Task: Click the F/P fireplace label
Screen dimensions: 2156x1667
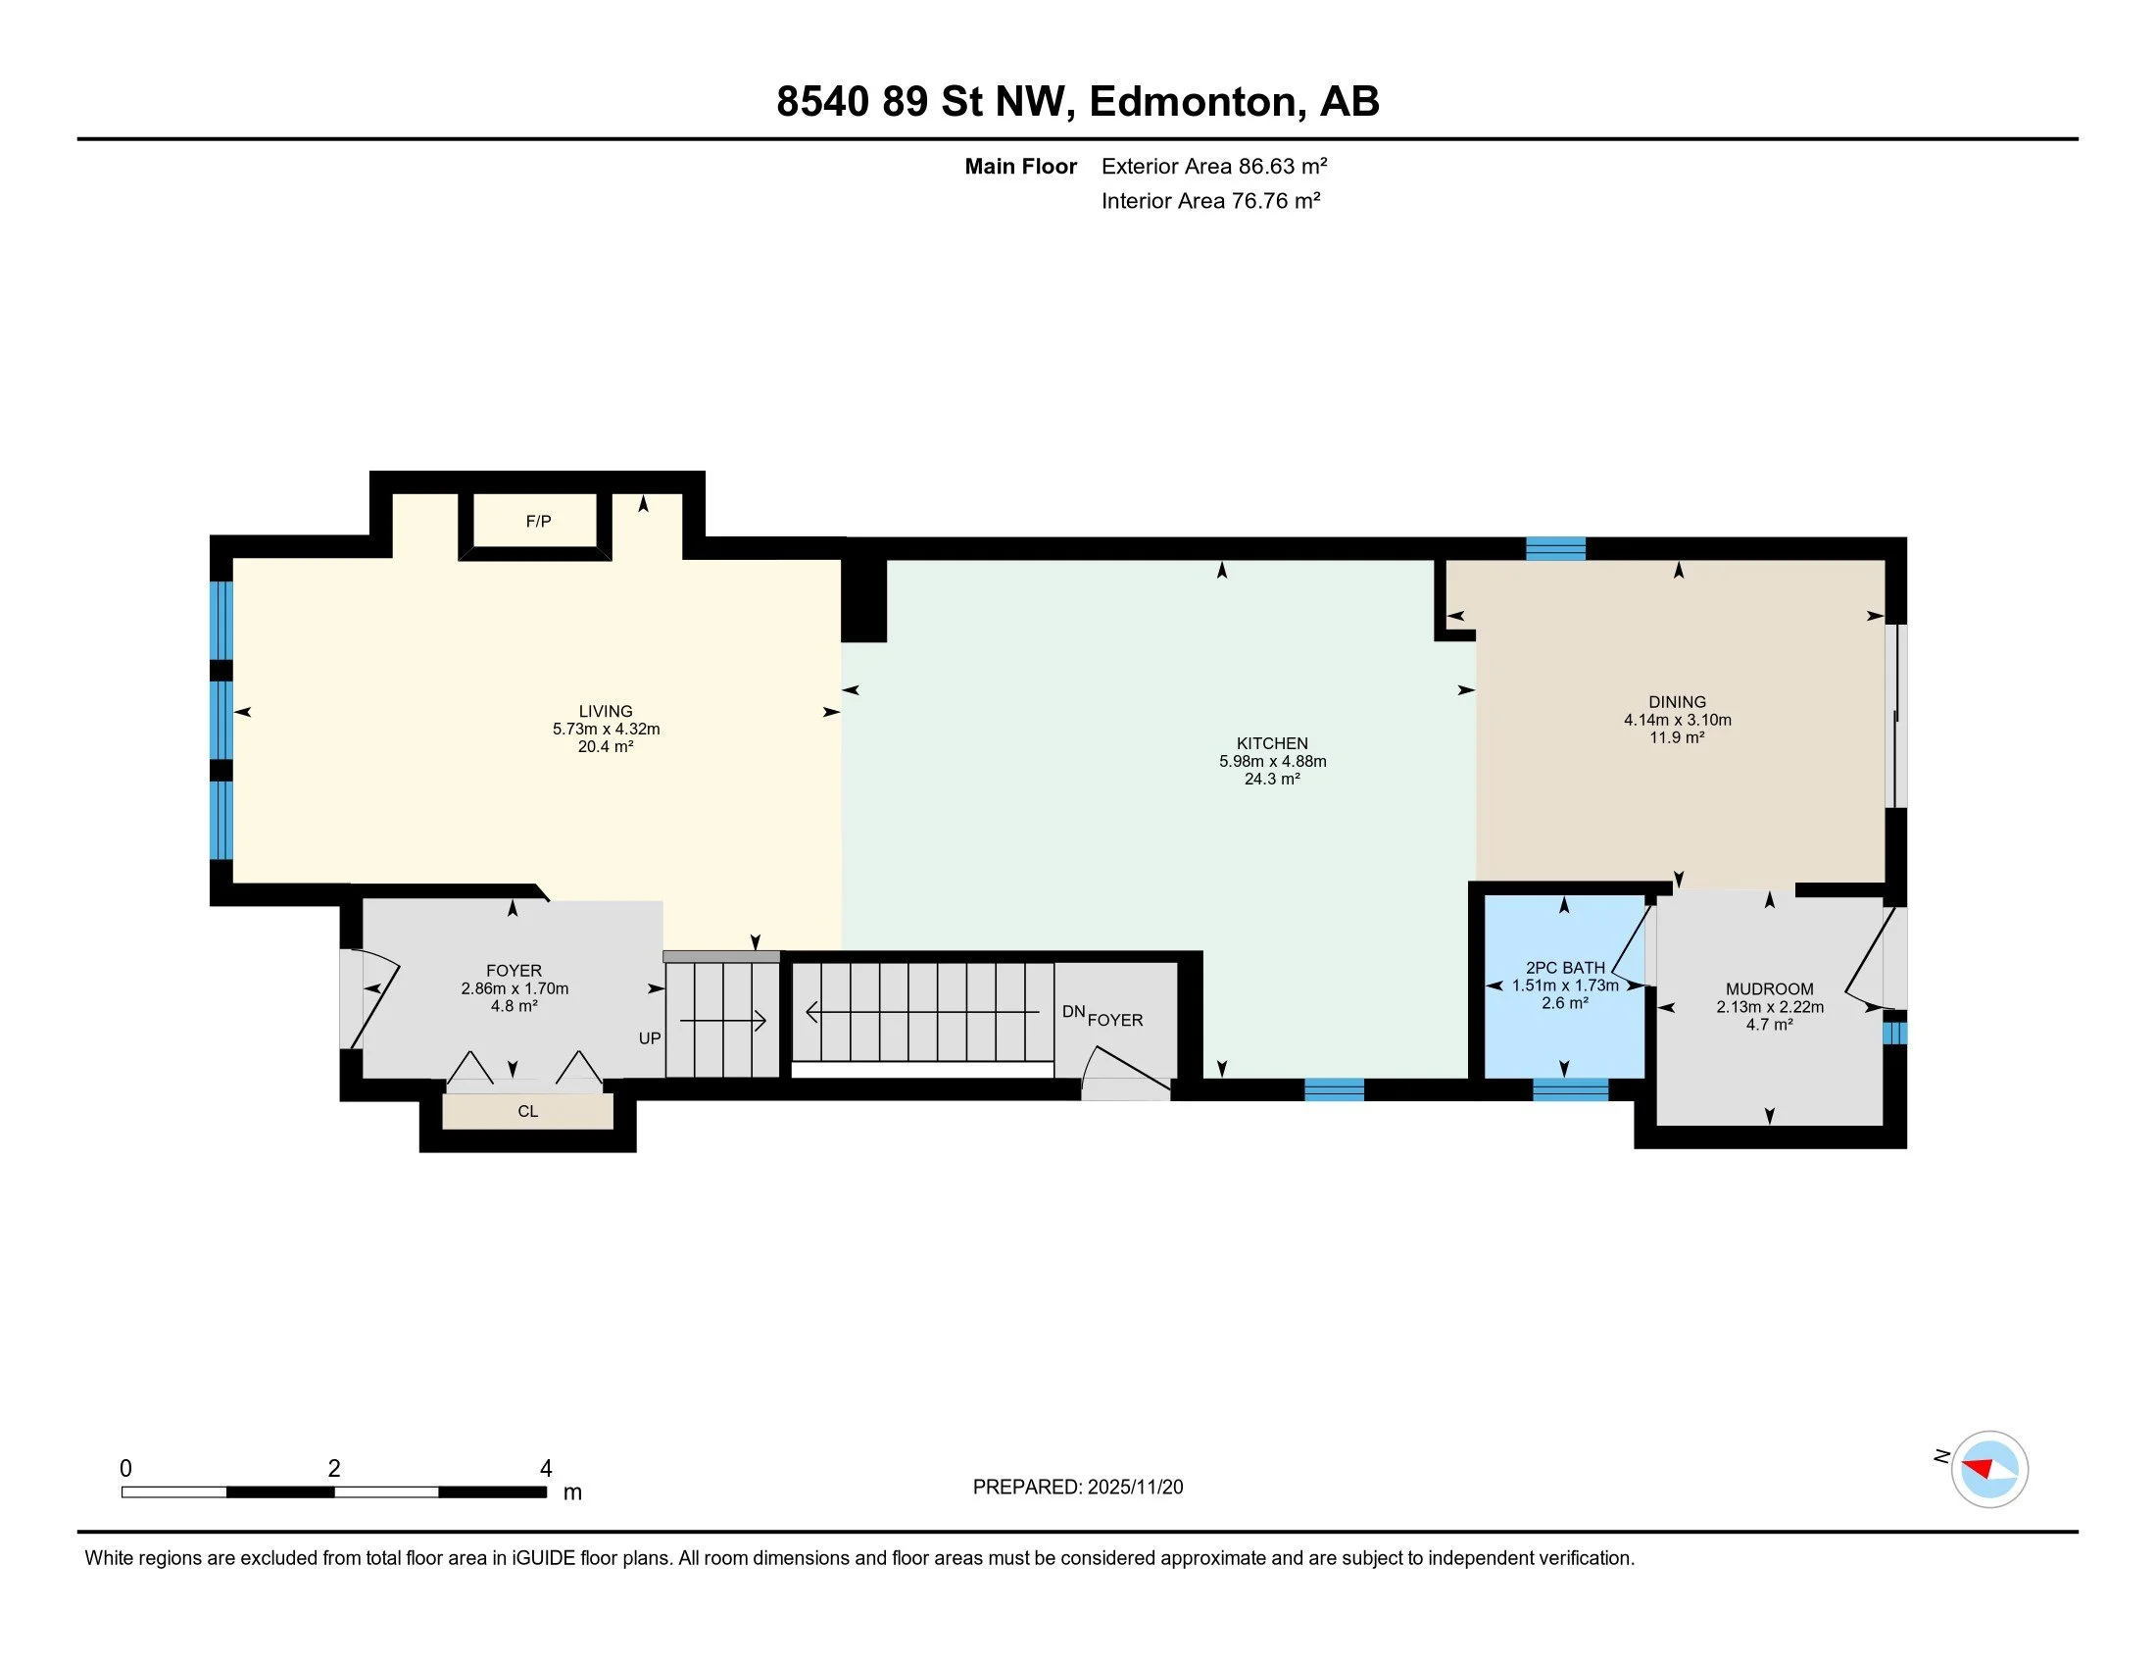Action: (538, 522)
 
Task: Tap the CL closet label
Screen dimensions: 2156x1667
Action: (528, 1111)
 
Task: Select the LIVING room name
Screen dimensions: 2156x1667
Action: (606, 711)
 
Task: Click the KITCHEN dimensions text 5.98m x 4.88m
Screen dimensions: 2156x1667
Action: (1272, 761)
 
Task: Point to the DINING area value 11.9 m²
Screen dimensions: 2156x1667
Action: (1677, 737)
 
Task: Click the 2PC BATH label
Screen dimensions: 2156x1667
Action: (1566, 968)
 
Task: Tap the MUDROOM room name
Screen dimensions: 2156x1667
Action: (1770, 988)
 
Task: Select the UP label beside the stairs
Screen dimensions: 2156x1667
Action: (650, 1037)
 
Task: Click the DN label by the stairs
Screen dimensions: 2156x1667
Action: (1074, 1011)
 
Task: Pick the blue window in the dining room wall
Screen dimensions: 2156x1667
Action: (1556, 548)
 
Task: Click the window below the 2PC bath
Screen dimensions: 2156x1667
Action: (1571, 1089)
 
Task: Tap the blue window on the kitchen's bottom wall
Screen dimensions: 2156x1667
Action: (1335, 1089)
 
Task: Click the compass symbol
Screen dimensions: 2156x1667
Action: (1989, 1469)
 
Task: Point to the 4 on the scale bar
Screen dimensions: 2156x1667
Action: (546, 1469)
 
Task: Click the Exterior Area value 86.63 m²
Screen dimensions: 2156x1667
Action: (1284, 166)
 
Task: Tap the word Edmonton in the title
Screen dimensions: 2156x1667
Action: (1193, 102)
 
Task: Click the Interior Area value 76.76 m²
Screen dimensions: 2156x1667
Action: (1275, 200)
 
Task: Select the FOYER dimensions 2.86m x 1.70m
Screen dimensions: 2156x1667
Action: (514, 988)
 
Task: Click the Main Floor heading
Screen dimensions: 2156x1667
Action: (1021, 166)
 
